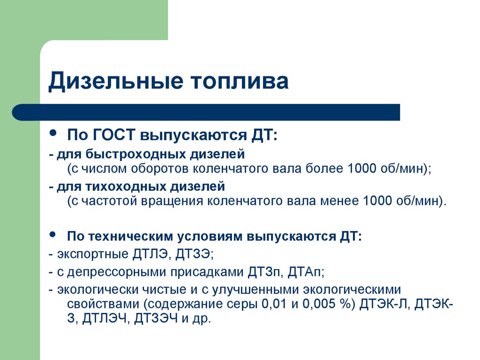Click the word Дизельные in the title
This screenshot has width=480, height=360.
tap(116, 81)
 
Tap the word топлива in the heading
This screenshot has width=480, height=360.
tap(240, 82)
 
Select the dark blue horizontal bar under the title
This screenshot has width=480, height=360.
tap(206, 112)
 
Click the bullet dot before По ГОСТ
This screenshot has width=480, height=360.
tap(53, 133)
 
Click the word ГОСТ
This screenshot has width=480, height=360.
tap(113, 135)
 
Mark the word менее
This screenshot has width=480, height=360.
tap(339, 201)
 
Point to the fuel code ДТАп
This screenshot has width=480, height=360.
tap(306, 271)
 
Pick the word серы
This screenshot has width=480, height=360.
tap(241, 304)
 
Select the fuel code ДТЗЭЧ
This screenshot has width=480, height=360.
tap(156, 318)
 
